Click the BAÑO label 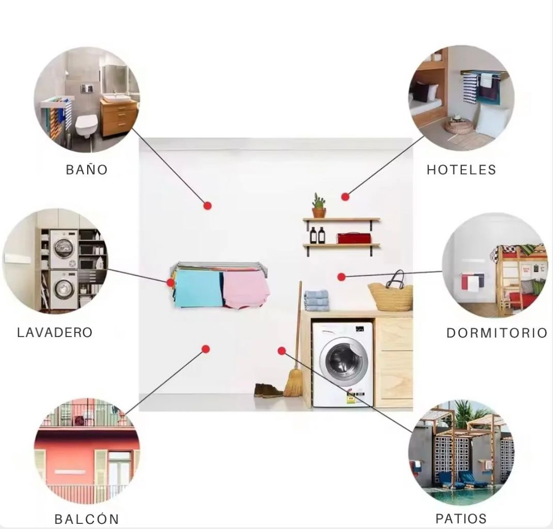tap(87, 170)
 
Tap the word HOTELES tap(461, 170)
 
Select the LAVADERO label tap(55, 332)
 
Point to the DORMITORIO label tap(496, 333)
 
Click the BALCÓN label tap(87, 519)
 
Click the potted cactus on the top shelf tap(319, 206)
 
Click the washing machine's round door tap(341, 359)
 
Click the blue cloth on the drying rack tap(199, 288)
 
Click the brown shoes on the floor tap(268, 391)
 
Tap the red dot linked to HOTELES tap(345, 197)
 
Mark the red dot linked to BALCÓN tap(205, 349)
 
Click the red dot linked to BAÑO tap(207, 205)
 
